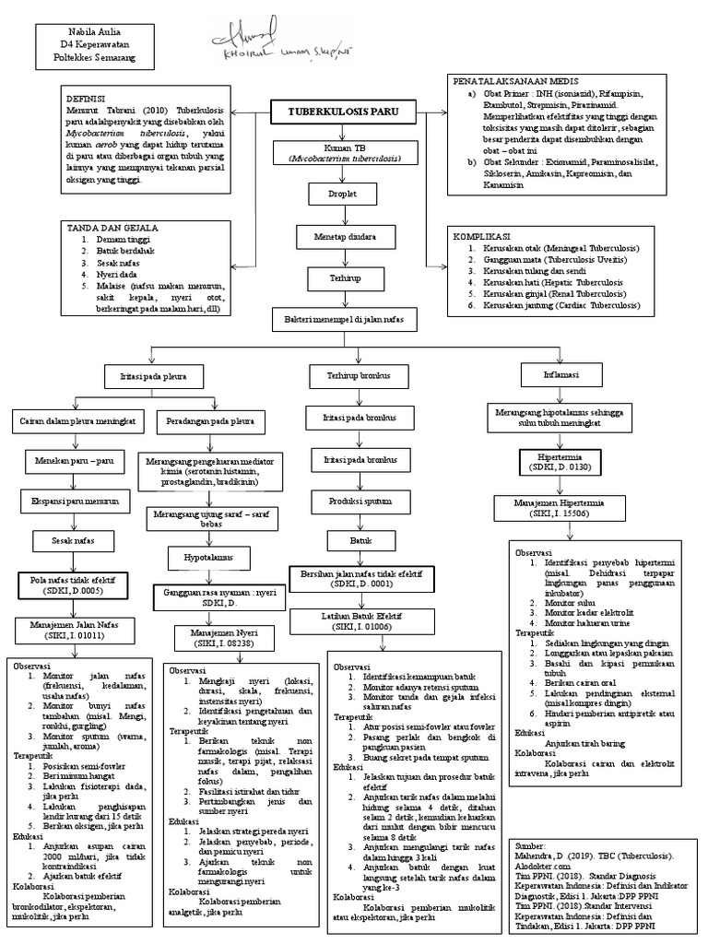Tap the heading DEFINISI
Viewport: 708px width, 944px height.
point(86,98)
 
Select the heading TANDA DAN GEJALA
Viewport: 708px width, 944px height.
point(111,227)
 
